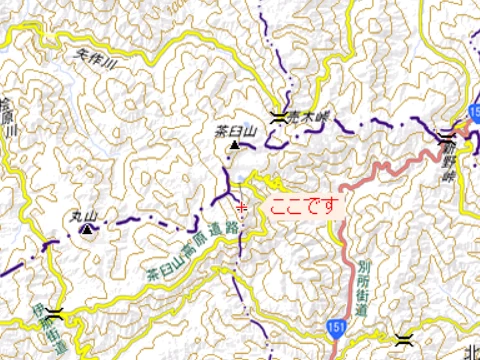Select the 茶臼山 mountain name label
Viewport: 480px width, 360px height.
point(237,131)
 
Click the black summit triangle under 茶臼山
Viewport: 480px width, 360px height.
point(235,146)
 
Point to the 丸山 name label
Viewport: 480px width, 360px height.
point(83,215)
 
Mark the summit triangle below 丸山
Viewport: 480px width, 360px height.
point(86,230)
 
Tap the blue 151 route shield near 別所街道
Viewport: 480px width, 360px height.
point(331,326)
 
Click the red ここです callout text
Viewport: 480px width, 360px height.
point(301,206)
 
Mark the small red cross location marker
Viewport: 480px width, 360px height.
point(241,206)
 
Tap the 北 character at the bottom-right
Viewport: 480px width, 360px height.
point(471,351)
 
